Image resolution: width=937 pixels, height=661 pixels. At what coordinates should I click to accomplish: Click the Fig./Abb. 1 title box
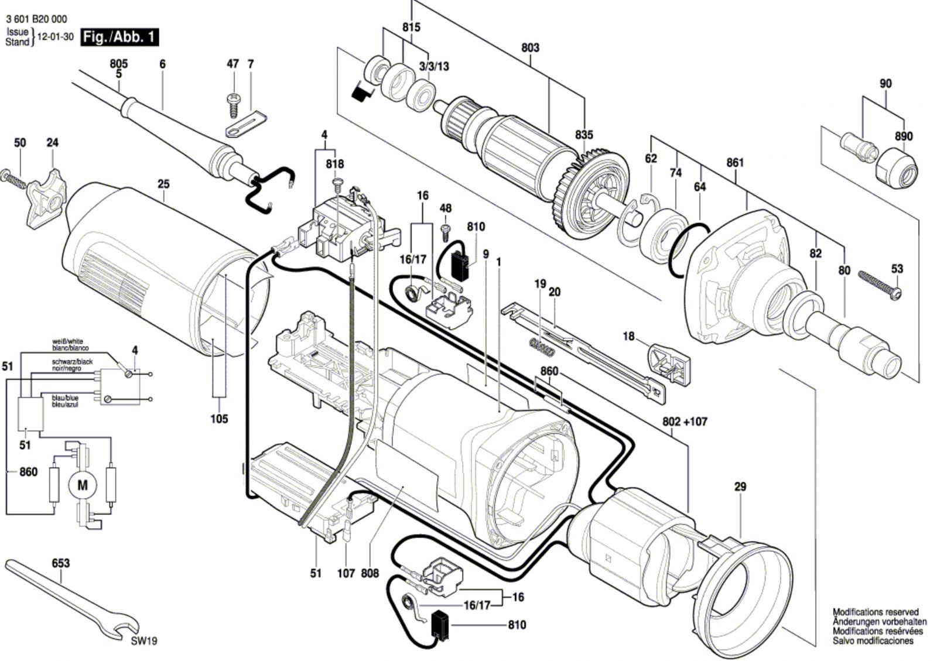coord(120,37)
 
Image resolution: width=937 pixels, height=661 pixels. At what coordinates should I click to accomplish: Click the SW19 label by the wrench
coord(144,641)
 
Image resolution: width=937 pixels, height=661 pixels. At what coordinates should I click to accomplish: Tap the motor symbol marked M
coord(83,485)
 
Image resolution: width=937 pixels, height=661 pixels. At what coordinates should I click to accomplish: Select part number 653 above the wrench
coord(61,563)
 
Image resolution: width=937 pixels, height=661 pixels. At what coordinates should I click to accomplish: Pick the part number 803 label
coord(530,47)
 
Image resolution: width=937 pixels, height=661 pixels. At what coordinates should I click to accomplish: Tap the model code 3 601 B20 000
coord(36,19)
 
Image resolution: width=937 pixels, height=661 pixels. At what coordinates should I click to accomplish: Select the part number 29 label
coord(740,487)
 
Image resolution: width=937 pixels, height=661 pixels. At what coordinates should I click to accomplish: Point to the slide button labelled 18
coord(669,364)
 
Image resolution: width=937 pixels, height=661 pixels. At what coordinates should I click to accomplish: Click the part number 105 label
coord(219,419)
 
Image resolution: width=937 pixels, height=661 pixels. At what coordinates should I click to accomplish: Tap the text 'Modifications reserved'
coord(876,612)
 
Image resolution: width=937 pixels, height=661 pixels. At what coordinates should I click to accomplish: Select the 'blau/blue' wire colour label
coord(65,398)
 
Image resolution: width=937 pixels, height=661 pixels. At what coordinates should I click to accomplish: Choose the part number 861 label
coord(735,162)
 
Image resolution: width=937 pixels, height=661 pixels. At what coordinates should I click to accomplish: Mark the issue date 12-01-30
coord(56,37)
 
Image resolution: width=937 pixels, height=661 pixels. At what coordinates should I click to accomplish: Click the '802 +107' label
coord(685,422)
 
